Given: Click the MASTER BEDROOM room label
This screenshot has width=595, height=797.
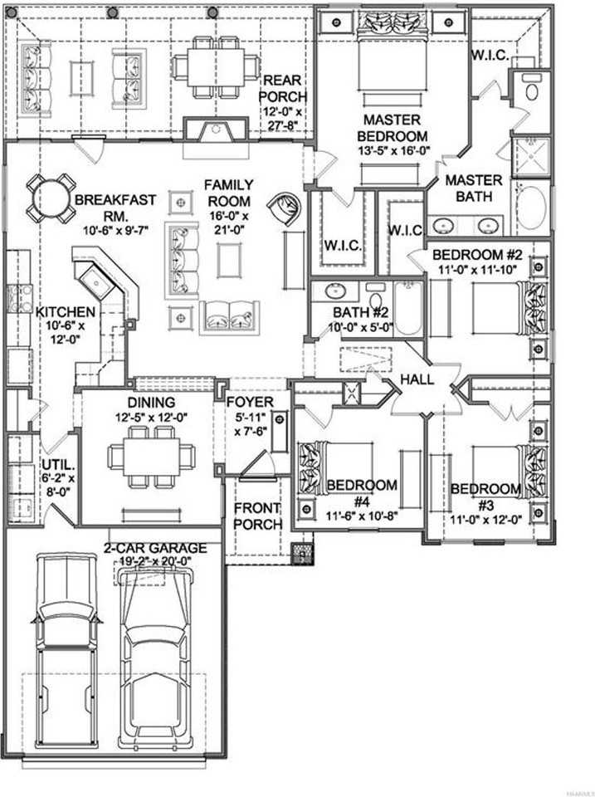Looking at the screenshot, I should [394, 128].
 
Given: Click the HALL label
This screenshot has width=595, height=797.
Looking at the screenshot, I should [417, 379].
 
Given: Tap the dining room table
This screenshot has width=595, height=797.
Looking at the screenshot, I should [151, 456].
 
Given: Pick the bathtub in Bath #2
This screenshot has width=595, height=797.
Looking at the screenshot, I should [408, 308].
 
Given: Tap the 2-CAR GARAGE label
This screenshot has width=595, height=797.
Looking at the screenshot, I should [154, 548].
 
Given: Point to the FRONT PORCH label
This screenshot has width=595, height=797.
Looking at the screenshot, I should [257, 516].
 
